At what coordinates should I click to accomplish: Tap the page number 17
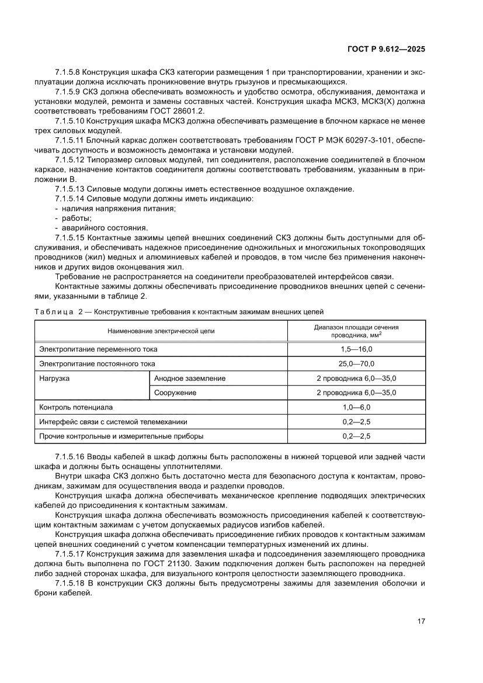[x=421, y=620]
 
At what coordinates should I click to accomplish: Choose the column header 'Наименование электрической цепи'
[x=161, y=331]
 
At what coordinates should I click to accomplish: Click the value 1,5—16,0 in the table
[x=356, y=349]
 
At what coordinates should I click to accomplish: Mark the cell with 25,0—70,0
[x=356, y=363]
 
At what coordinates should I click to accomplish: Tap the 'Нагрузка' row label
[x=54, y=378]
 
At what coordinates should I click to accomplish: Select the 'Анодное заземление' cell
[x=190, y=378]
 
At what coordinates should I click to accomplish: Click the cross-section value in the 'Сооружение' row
[x=356, y=393]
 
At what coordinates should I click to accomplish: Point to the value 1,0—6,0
[x=356, y=407]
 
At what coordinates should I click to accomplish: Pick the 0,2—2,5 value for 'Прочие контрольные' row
[x=356, y=435]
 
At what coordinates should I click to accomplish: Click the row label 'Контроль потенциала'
[x=75, y=407]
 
